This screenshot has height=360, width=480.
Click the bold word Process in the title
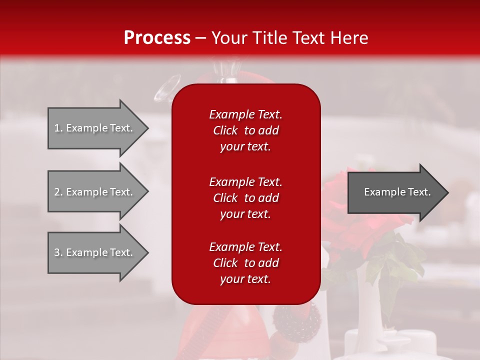[x=157, y=38]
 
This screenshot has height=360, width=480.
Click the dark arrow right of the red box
[x=395, y=192]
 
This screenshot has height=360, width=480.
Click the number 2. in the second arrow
[x=58, y=192]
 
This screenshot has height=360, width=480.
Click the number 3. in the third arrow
[x=58, y=252]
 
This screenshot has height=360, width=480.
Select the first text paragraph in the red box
[x=245, y=130]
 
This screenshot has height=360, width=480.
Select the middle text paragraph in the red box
[x=245, y=198]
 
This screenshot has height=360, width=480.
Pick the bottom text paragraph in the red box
[x=245, y=263]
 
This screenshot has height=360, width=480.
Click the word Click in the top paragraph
[x=225, y=130]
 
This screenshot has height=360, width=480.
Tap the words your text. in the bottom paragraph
[x=245, y=279]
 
